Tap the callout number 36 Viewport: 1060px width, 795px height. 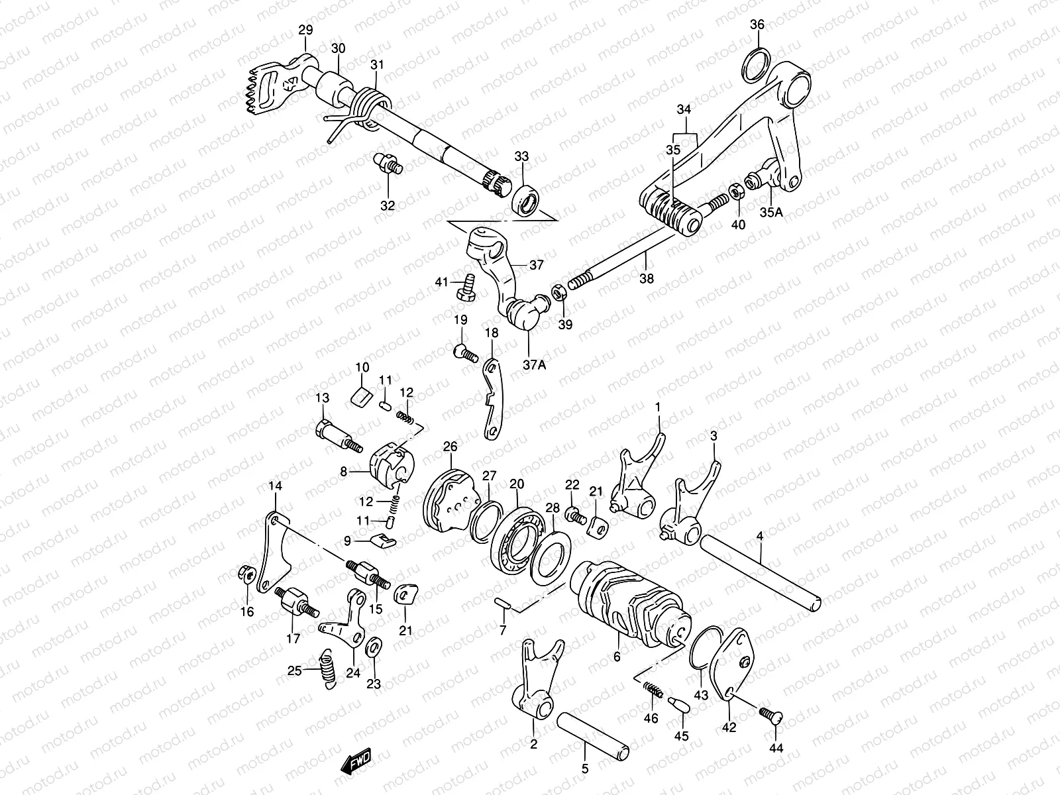click(757, 24)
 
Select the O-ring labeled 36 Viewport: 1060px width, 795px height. click(757, 66)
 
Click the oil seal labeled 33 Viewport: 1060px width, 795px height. click(525, 199)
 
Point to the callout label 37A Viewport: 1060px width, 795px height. click(534, 365)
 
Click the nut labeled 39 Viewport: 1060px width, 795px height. click(559, 293)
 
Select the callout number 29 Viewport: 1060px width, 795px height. click(305, 30)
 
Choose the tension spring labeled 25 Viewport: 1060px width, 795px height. click(328, 668)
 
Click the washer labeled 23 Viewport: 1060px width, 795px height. click(374, 647)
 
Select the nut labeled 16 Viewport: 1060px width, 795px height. click(246, 574)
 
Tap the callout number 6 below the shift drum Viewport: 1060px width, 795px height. click(617, 657)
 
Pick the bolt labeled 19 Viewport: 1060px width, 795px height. click(466, 353)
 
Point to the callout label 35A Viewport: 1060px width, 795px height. click(771, 212)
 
